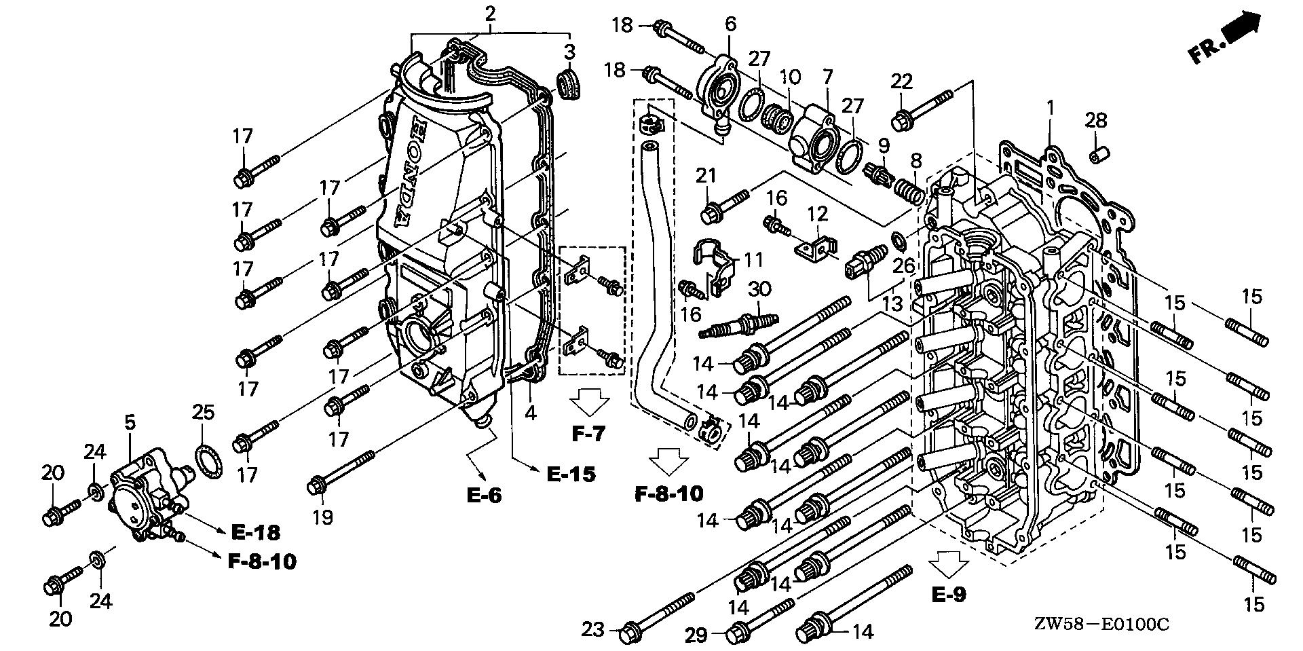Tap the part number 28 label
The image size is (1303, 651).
1095,121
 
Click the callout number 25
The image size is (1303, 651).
203,412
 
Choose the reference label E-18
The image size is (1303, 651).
255,533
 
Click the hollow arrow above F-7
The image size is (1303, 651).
588,403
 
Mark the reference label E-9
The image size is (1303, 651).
948,595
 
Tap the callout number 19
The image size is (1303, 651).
322,518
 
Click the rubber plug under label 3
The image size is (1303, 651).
567,83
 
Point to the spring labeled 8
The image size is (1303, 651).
908,189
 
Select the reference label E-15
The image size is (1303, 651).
571,474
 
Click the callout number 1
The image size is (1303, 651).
1050,107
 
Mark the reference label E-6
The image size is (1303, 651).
485,495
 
